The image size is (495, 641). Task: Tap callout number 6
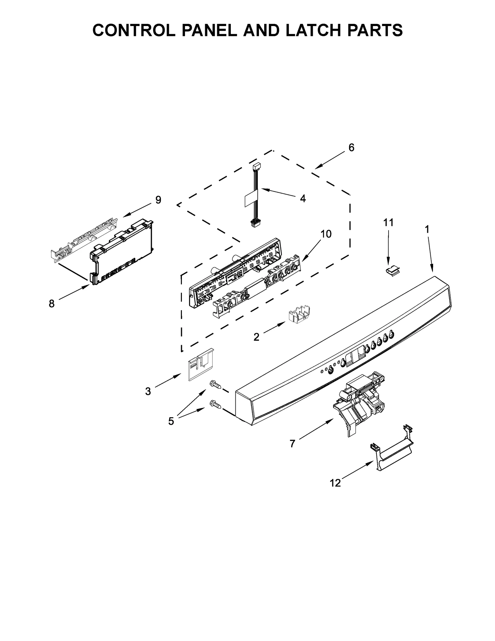click(351, 148)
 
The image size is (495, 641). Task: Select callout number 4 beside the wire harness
click(303, 198)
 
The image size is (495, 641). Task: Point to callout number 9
click(158, 200)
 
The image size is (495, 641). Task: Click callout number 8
click(52, 304)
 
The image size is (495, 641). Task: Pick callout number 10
click(326, 234)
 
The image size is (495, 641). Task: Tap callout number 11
click(389, 222)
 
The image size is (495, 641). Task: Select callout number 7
click(292, 444)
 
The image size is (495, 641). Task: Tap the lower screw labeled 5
click(216, 404)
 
